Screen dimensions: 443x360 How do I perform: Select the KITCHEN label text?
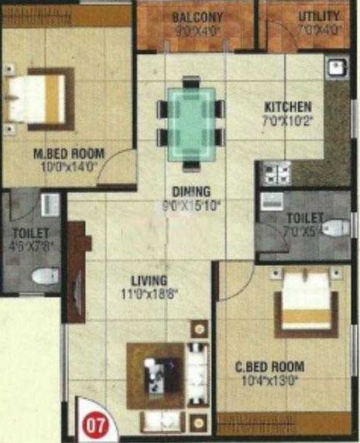288,107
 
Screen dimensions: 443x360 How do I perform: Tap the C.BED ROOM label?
269,366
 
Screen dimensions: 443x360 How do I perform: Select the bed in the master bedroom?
38,98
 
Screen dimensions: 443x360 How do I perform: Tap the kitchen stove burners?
276,172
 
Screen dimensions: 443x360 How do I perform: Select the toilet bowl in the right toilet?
334,228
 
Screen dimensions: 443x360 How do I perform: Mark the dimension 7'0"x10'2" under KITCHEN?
288,120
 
